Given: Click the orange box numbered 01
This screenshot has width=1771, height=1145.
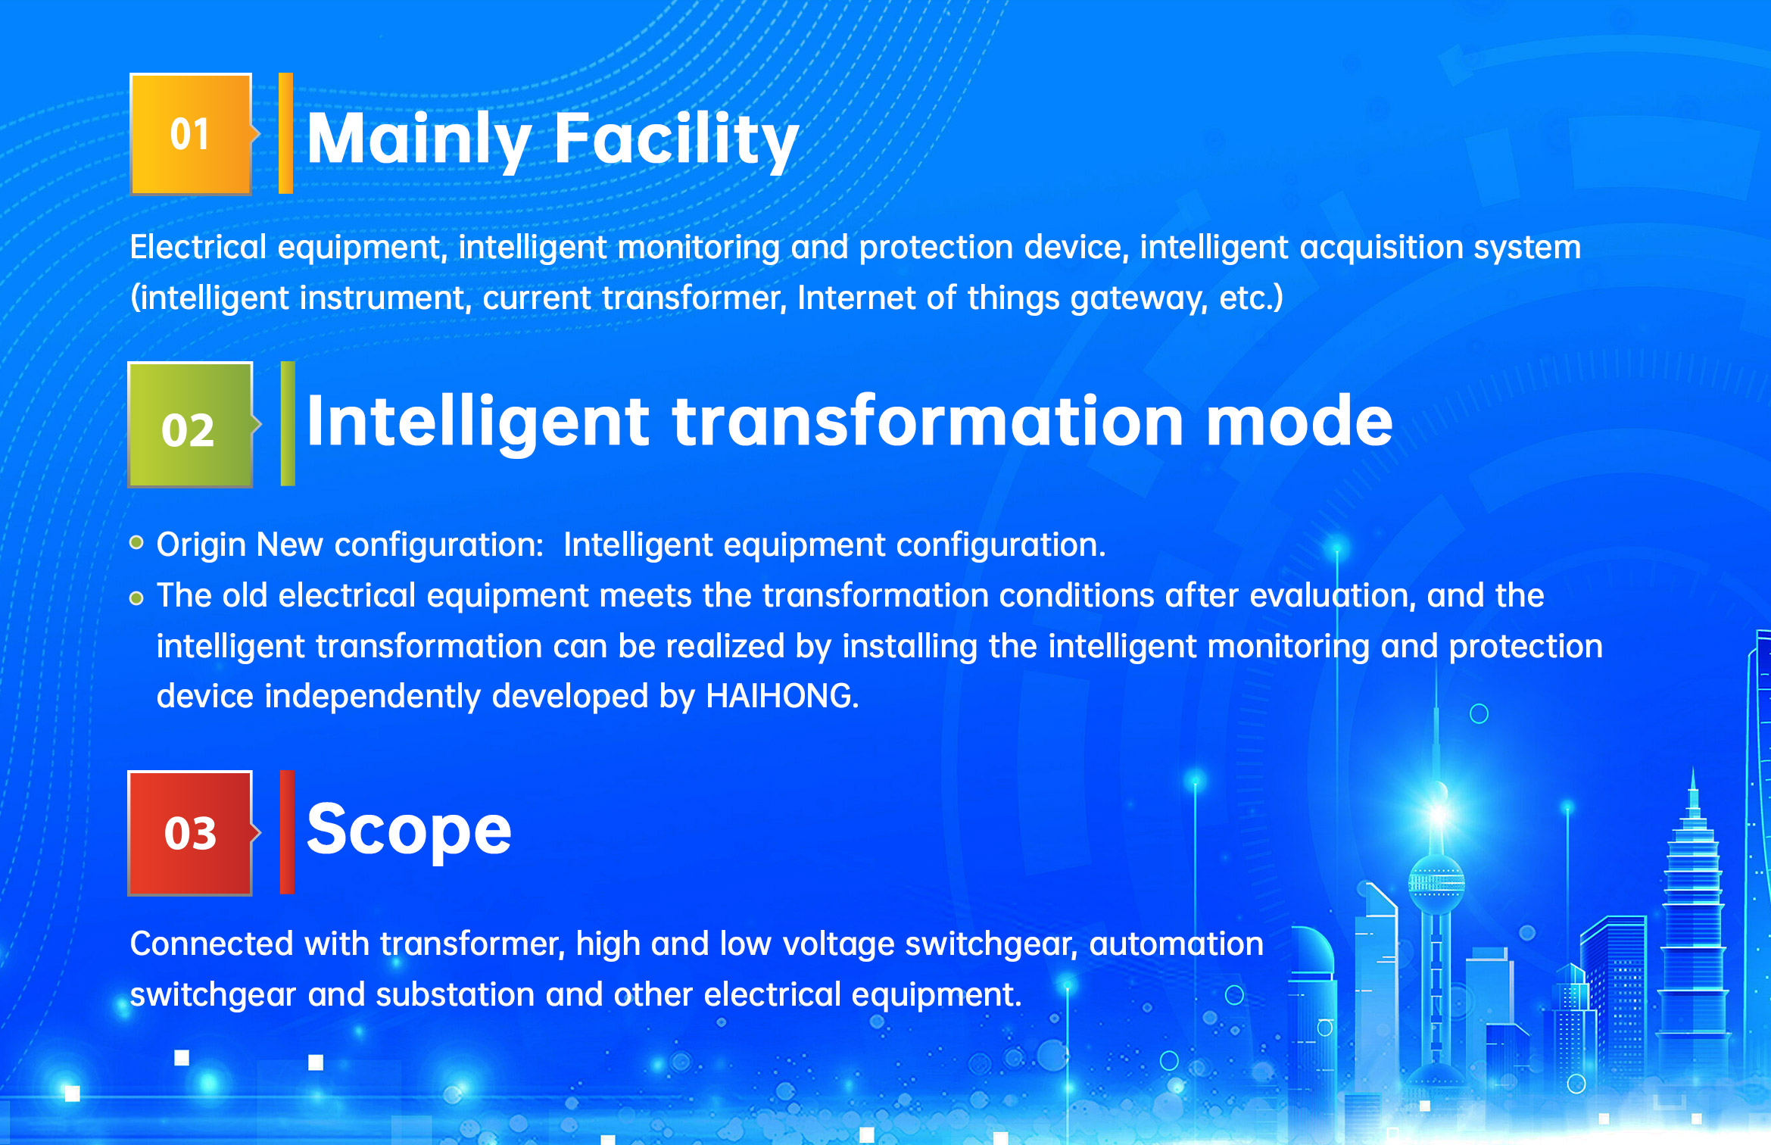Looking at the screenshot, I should tap(191, 134).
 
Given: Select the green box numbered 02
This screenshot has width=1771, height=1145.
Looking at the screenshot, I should tap(190, 425).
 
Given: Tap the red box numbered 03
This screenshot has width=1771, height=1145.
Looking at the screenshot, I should tap(190, 833).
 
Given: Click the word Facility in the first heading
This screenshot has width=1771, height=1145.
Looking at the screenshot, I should tap(676, 139).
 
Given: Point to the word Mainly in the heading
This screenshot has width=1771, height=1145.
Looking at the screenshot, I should tap(419, 139).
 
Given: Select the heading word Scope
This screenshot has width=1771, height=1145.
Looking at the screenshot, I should tap(409, 831).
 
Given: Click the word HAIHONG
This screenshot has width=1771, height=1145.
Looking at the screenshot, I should tap(781, 696).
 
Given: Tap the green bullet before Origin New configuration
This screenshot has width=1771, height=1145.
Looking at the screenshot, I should tap(136, 542).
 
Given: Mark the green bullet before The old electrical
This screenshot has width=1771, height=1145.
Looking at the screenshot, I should tap(136, 598).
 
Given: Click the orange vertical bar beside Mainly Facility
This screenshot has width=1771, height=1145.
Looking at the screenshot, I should tap(285, 133).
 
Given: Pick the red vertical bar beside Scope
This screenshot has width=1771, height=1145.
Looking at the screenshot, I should tap(287, 832).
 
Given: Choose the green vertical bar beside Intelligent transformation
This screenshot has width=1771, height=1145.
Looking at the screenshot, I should tap(288, 423).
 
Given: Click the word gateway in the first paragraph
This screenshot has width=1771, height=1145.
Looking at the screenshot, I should tap(1139, 298).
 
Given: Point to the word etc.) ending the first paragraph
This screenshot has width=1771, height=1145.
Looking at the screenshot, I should tap(1251, 298).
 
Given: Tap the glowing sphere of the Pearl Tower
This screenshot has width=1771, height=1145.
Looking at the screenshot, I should tap(1436, 883).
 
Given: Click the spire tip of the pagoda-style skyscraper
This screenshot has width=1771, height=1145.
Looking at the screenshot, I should tap(1693, 774).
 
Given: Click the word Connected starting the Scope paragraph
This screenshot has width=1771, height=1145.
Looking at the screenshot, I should tap(211, 944).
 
